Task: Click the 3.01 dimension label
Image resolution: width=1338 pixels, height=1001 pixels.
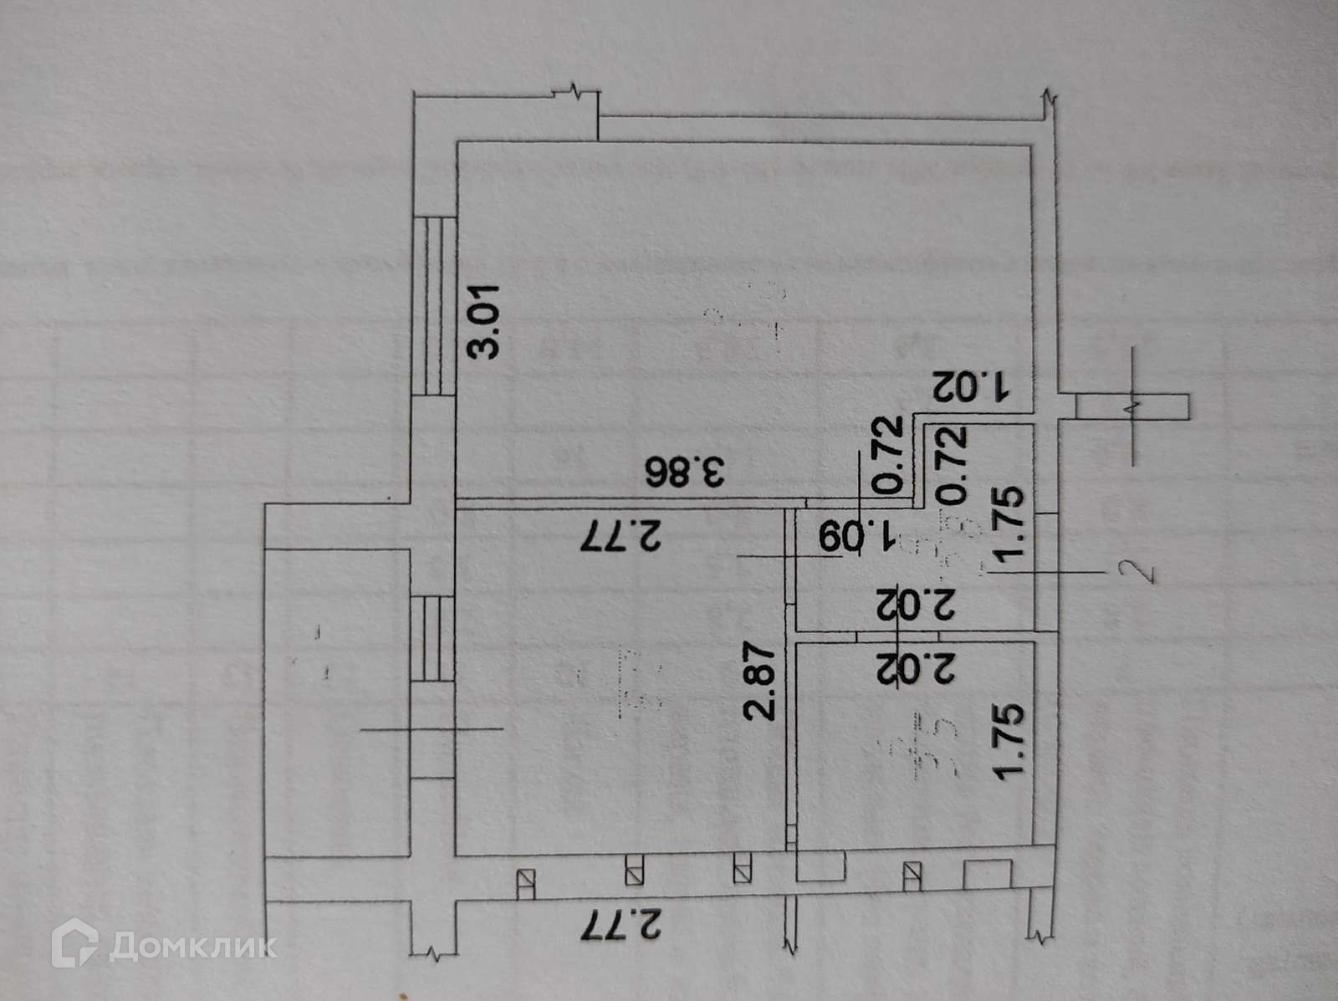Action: (484, 322)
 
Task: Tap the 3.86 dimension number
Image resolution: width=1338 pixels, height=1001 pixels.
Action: (684, 474)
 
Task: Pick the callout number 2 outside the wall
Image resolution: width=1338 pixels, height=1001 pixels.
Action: (1146, 572)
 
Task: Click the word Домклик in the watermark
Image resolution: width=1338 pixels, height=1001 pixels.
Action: (193, 945)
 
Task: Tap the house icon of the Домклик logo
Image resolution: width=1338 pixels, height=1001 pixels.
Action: (74, 944)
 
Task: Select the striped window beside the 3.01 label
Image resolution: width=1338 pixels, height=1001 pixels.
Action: (434, 305)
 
